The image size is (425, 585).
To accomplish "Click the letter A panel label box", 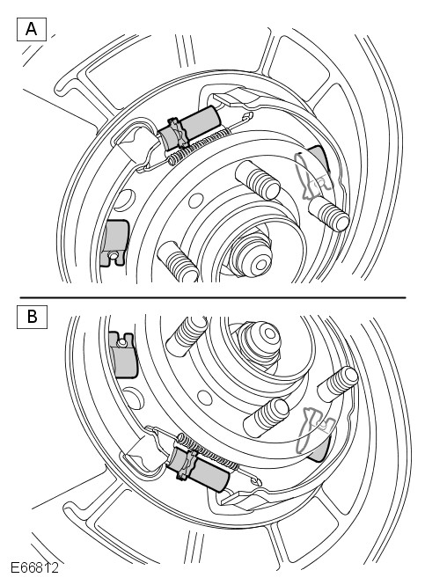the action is click(32, 29).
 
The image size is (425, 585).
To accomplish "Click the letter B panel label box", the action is click(32, 317).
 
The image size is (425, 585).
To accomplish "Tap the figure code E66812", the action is click(34, 567).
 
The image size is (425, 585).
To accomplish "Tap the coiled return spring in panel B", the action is click(207, 451).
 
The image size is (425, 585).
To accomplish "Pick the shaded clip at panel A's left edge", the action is click(115, 242).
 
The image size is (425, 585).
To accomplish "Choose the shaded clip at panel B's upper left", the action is click(123, 355).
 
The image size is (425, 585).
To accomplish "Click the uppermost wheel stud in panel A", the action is click(257, 179).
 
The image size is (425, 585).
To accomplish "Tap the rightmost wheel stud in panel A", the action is click(328, 214).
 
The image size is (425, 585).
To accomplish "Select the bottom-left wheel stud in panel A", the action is click(178, 262).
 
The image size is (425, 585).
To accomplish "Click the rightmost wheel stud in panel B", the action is click(338, 384).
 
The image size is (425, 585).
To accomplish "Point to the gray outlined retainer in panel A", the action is click(312, 174).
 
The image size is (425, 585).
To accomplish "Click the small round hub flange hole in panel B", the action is click(205, 399).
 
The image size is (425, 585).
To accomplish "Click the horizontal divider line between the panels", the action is click(213, 297).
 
